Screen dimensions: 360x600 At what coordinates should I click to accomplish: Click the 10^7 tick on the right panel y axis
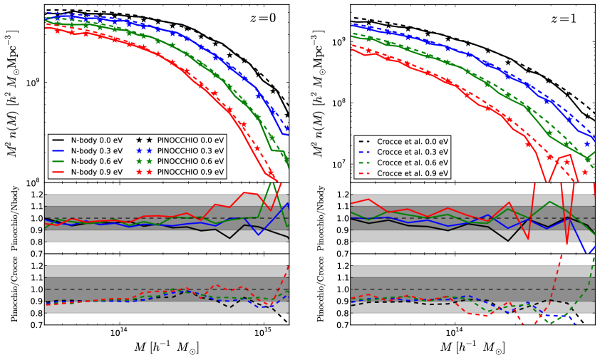340,164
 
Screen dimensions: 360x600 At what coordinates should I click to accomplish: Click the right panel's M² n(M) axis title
321,93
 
